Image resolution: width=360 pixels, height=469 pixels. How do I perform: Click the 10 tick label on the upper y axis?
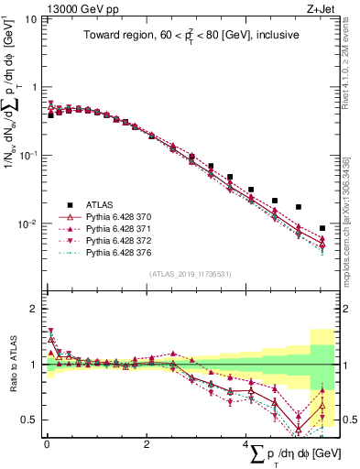(30, 19)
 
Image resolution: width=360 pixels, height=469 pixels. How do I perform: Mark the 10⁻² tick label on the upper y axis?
(27, 224)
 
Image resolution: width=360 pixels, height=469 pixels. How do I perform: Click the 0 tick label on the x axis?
(47, 444)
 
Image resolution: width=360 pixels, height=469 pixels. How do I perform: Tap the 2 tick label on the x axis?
(147, 444)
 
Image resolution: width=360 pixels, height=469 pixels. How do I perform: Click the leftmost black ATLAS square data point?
(51, 115)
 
